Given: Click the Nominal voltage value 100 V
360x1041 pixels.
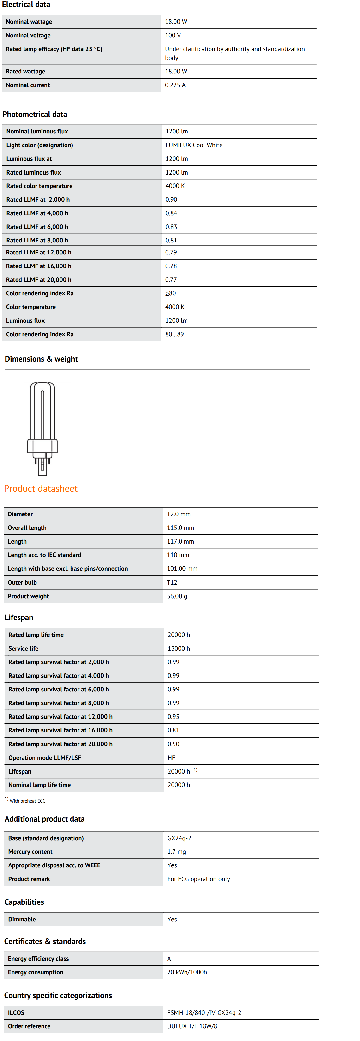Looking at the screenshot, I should click(173, 36).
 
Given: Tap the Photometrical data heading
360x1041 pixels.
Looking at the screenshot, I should click(35, 114).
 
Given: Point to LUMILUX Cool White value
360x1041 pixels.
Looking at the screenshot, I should click(194, 145).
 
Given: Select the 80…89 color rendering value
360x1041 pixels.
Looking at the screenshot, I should click(174, 334).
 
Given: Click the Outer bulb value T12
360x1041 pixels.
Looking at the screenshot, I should click(172, 582).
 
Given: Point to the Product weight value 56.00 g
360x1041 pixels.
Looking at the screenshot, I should click(177, 596).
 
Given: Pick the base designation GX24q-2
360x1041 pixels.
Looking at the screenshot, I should click(179, 838).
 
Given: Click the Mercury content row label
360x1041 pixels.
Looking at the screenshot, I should click(30, 852).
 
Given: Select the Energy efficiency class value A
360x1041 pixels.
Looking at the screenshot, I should click(169, 959).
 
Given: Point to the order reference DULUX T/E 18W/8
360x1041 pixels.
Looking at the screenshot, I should click(192, 1026).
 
